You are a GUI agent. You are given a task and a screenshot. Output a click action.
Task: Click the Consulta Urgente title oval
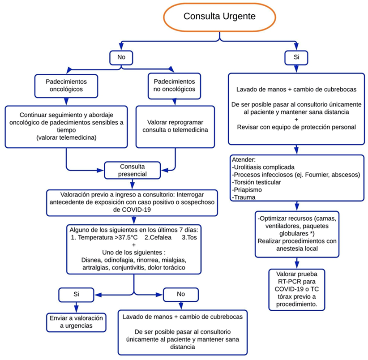[x=219, y=17]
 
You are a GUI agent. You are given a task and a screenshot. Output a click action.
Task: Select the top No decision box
[x=121, y=58]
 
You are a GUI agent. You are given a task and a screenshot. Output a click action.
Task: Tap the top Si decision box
[x=295, y=58]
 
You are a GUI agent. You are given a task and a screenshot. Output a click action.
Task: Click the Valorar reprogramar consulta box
[x=174, y=127]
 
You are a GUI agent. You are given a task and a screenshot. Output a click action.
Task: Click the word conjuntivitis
[x=137, y=268]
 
